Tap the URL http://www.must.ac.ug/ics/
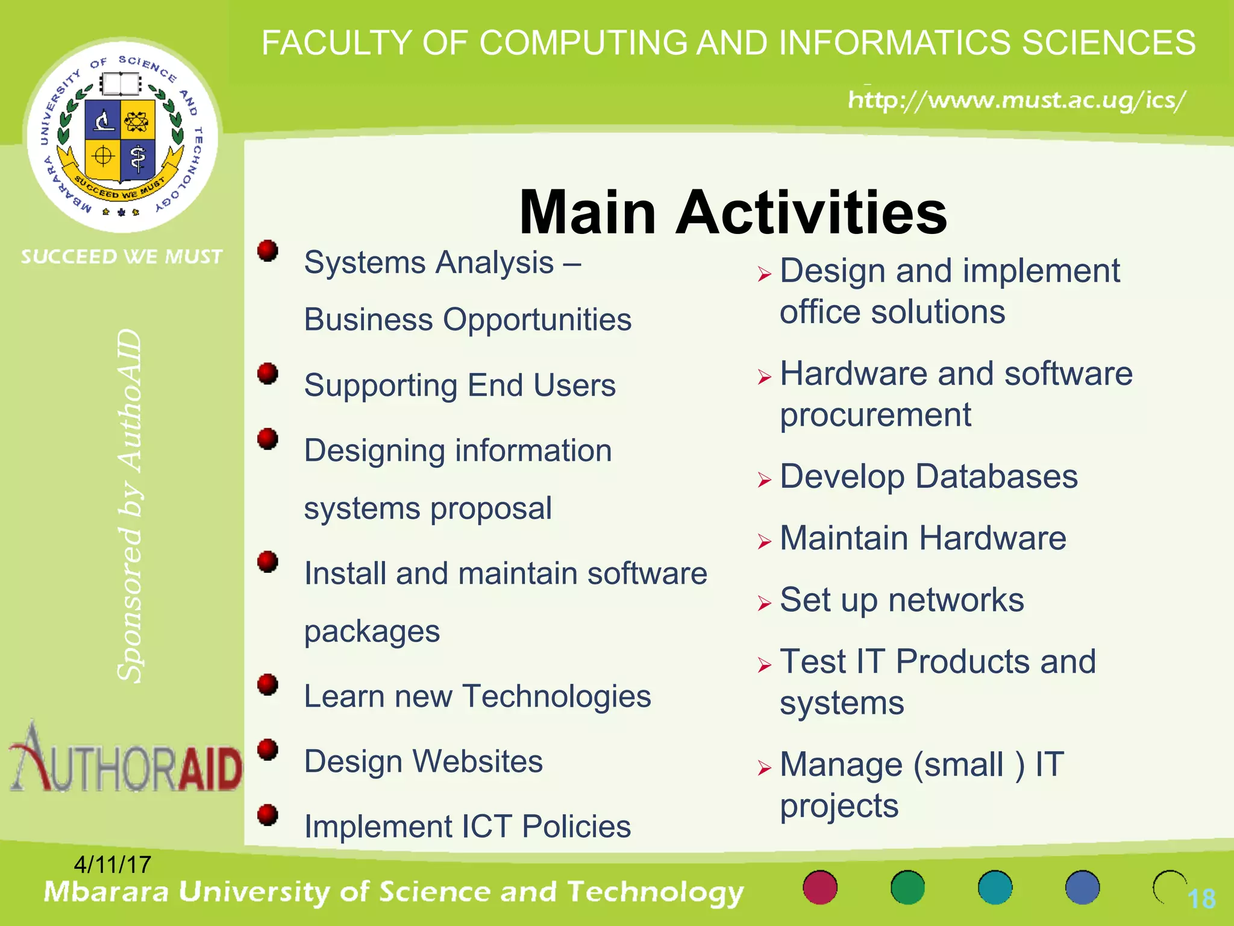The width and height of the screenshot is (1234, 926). tap(1016, 100)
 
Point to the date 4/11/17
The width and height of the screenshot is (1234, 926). tap(113, 865)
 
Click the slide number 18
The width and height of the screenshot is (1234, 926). tap(1201, 899)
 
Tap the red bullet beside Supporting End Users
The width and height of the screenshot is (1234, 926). tap(268, 374)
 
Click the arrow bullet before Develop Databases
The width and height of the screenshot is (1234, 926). tap(765, 480)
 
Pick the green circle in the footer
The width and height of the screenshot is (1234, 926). tap(907, 887)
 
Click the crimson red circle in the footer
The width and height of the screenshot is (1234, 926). tap(820, 887)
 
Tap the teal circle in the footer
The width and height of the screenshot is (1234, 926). tap(995, 887)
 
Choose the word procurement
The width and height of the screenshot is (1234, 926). tap(875, 415)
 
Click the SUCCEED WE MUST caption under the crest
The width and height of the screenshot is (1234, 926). tap(122, 257)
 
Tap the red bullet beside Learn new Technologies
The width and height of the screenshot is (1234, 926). tap(268, 685)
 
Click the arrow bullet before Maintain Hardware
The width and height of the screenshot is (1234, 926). tap(765, 541)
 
